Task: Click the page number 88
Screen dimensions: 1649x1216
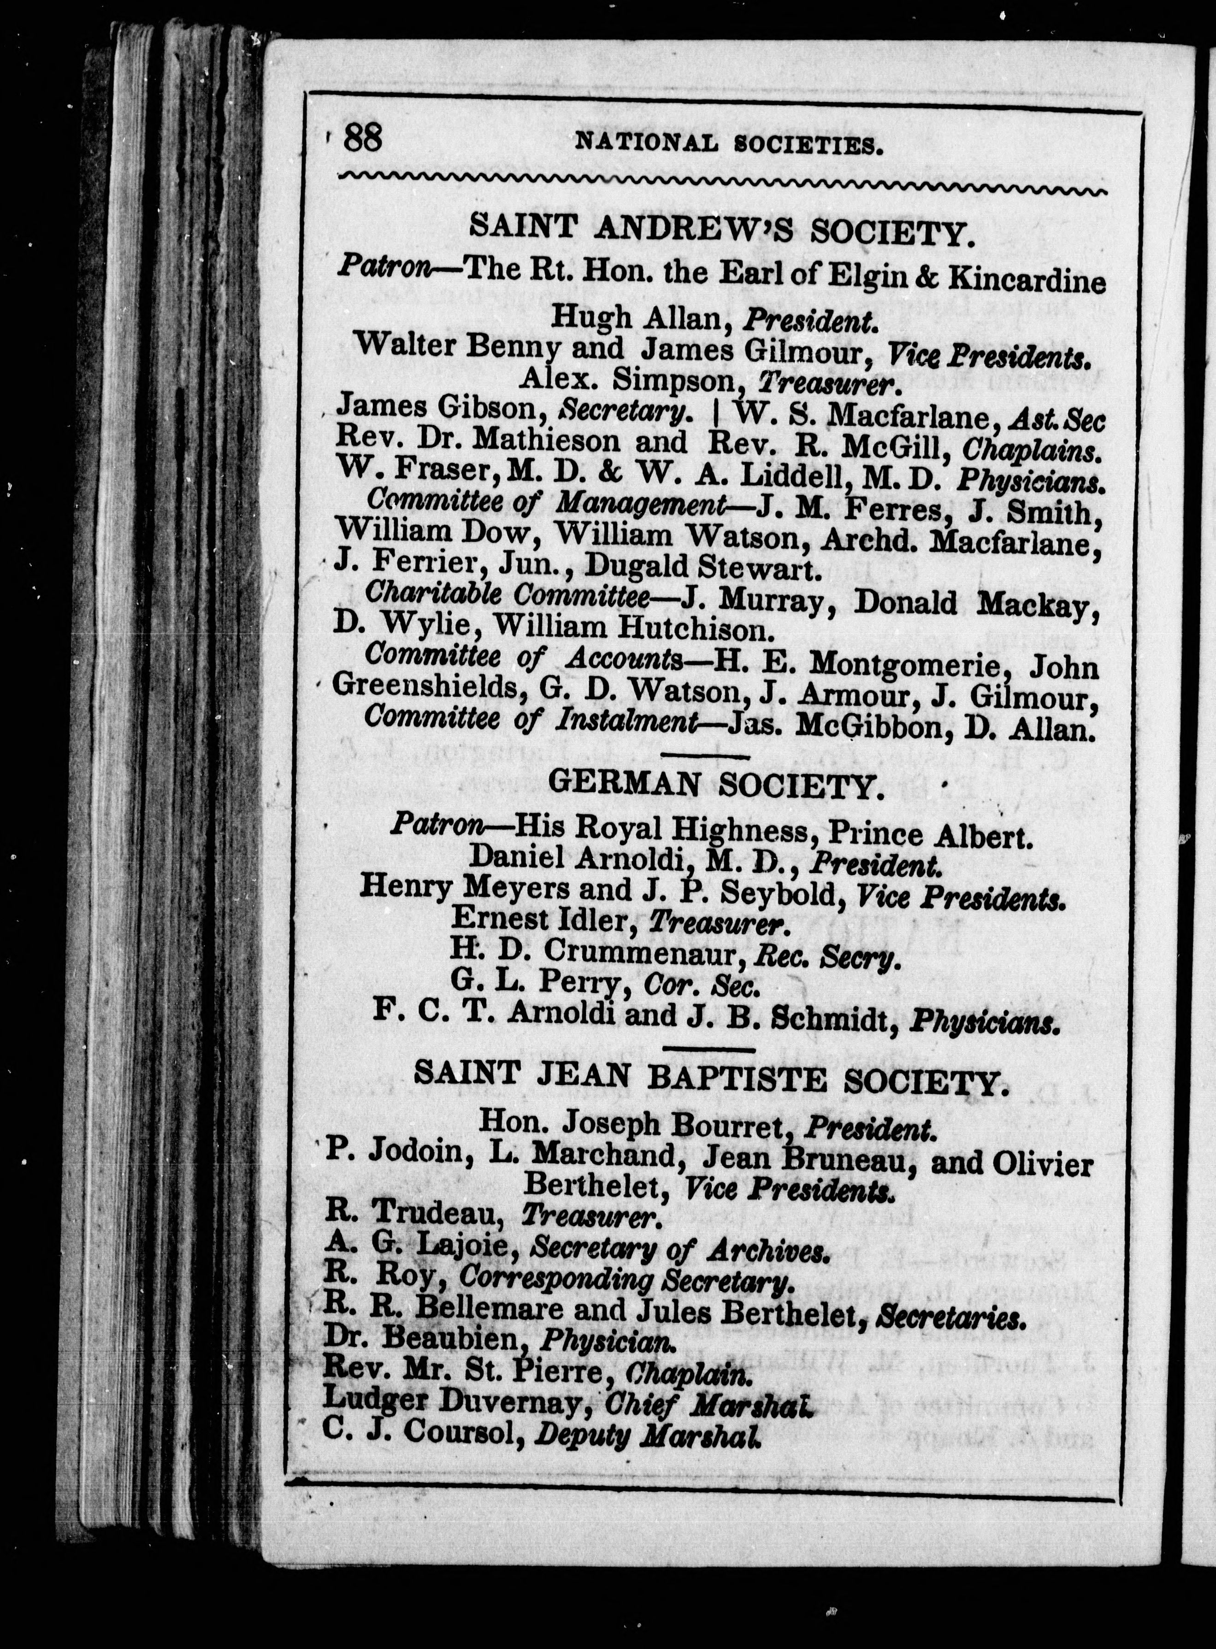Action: pyautogui.click(x=363, y=138)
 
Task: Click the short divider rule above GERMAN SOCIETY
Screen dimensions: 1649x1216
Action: pyautogui.click(x=706, y=757)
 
